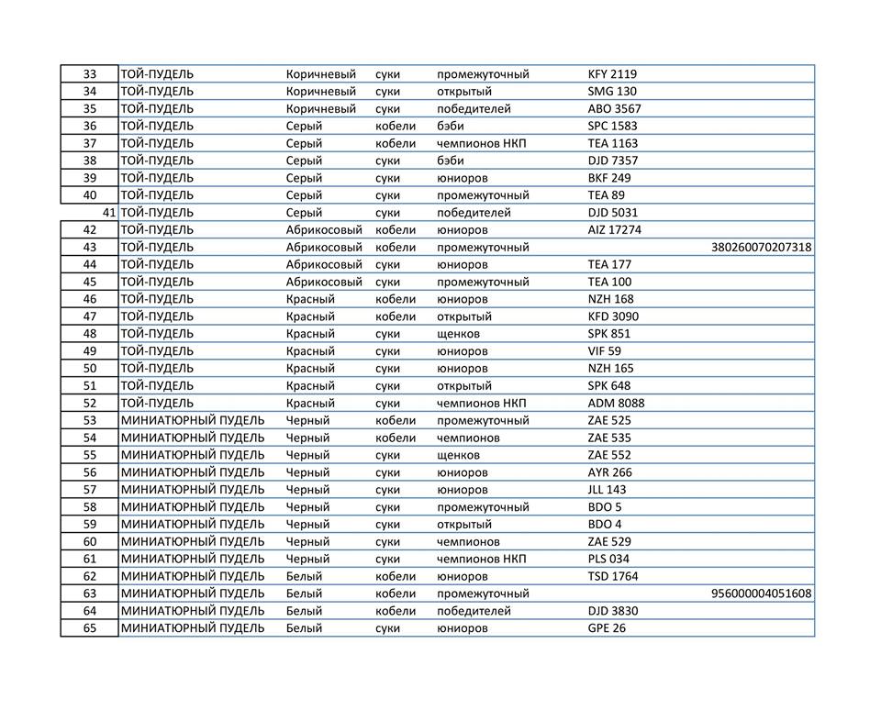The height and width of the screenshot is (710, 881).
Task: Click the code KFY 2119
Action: (x=612, y=74)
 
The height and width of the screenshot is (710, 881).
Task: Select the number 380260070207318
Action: (x=761, y=248)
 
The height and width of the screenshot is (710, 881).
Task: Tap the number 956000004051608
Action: (x=761, y=594)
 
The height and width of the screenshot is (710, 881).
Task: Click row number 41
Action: (x=108, y=213)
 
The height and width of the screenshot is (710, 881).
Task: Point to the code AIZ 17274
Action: (x=614, y=230)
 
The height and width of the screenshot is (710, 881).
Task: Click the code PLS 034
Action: (x=608, y=559)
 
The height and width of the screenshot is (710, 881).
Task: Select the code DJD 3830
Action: (x=612, y=611)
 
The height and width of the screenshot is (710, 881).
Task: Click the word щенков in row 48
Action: (x=458, y=334)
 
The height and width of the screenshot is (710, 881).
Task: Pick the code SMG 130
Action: (x=611, y=92)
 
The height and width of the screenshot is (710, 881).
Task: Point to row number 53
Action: (x=90, y=421)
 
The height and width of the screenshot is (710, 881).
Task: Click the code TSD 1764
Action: (x=612, y=576)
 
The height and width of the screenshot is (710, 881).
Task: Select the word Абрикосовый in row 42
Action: (x=324, y=230)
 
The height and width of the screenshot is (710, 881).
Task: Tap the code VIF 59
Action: (x=604, y=351)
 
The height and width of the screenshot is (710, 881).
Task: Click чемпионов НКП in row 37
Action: (x=474, y=143)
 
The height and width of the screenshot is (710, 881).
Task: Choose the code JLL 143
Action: (x=607, y=490)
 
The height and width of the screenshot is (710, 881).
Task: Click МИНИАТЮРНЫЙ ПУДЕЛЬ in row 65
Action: (x=193, y=628)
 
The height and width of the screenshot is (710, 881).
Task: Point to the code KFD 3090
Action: (x=613, y=316)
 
